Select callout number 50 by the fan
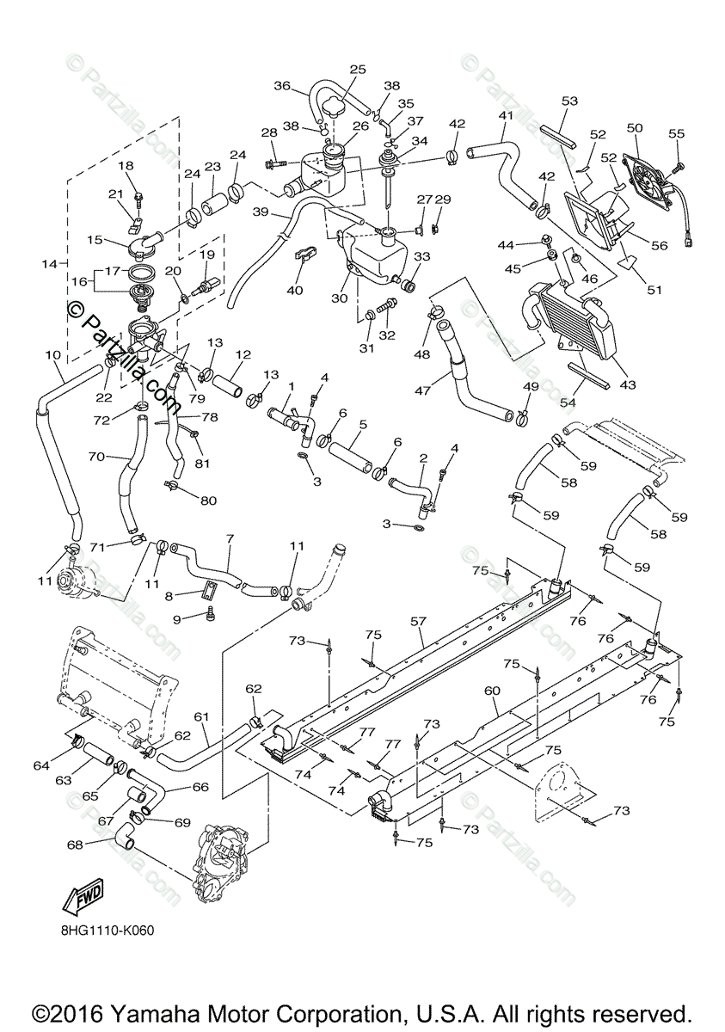(x=635, y=128)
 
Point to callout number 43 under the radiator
(x=628, y=384)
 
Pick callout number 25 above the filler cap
(x=358, y=69)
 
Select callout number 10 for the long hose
(x=52, y=354)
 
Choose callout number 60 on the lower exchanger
(x=492, y=691)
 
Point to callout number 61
(x=202, y=716)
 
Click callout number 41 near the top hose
(x=506, y=115)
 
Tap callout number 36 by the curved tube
(x=283, y=85)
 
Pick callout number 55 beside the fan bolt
(x=677, y=134)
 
